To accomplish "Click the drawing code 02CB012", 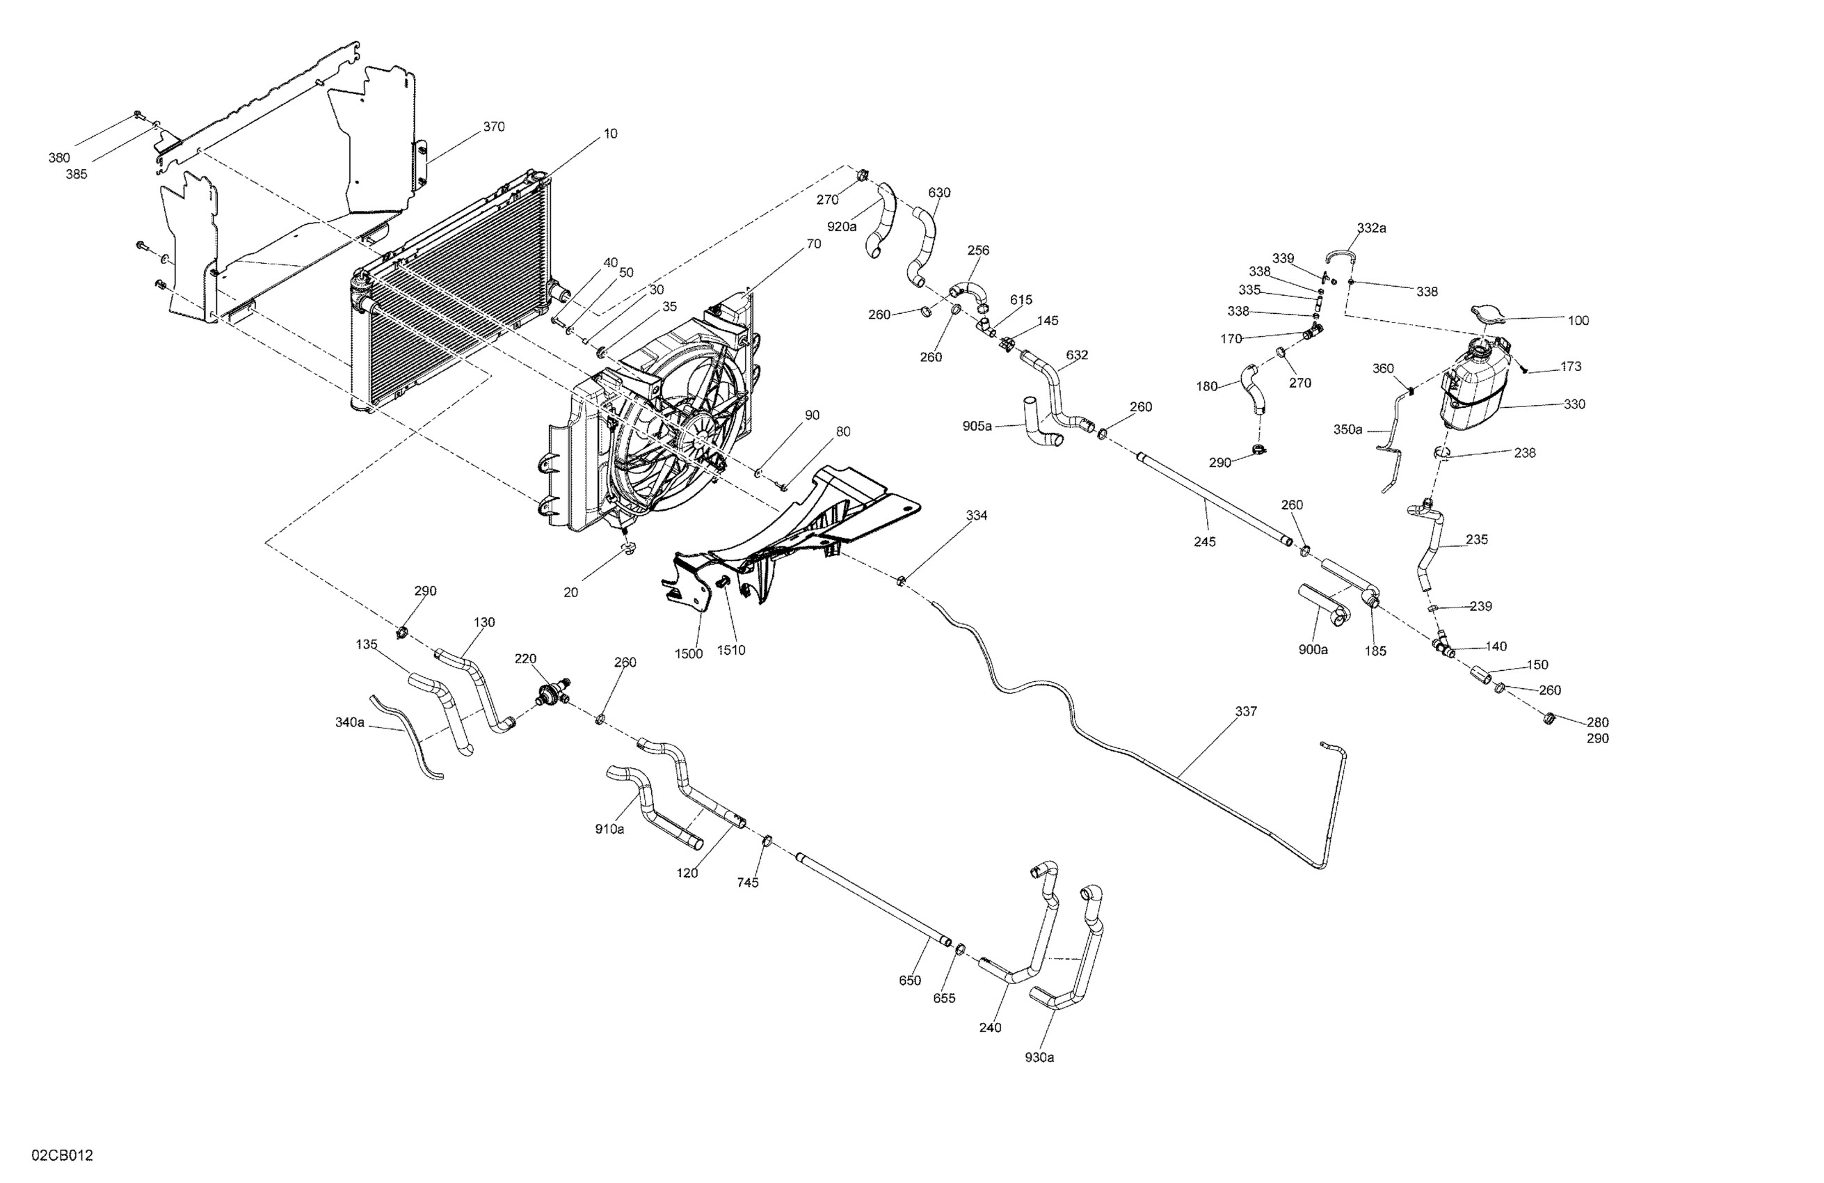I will [x=62, y=1155].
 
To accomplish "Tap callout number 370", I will [x=493, y=127].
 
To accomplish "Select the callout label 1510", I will [x=730, y=650].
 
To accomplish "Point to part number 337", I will [x=1245, y=711].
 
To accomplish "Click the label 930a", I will [x=1039, y=1057].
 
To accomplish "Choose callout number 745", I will [x=747, y=882].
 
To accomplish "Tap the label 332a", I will [x=1371, y=228].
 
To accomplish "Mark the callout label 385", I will [x=77, y=174].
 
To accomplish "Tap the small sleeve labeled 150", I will [x=1480, y=676].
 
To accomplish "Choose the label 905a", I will [x=977, y=427].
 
